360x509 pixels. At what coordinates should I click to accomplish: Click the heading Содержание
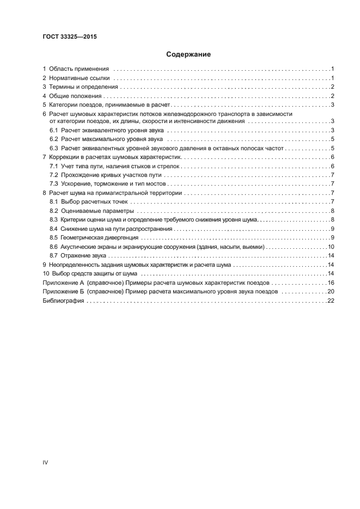click(x=188, y=54)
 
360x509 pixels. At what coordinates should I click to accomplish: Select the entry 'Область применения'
click(x=80, y=69)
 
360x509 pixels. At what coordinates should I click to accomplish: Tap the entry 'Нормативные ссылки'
click(x=80, y=78)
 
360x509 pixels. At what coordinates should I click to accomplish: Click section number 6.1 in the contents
click(x=53, y=131)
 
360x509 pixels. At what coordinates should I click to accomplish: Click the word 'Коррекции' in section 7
click(x=64, y=157)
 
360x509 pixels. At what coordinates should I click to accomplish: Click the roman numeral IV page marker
click(x=46, y=462)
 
